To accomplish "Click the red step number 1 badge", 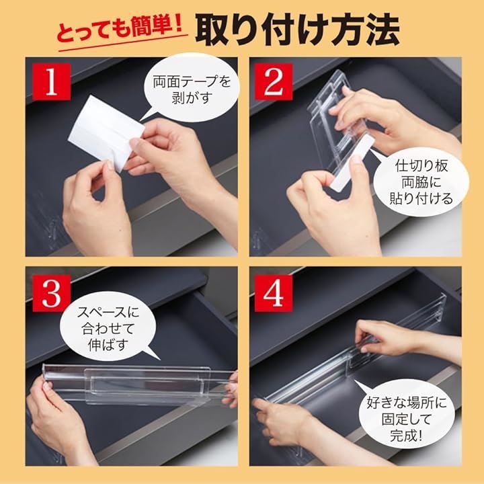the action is pyautogui.click(x=51, y=81).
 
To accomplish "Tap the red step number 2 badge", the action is pyautogui.click(x=274, y=81).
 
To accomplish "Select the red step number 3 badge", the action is pyautogui.click(x=51, y=293).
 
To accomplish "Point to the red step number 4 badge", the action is pyautogui.click(x=274, y=293).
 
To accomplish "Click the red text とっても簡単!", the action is pyautogui.click(x=121, y=30).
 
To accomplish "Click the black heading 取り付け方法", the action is pyautogui.click(x=297, y=30).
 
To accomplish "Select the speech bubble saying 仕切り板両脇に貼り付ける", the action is pyautogui.click(x=420, y=182).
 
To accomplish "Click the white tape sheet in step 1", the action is pyautogui.click(x=106, y=133).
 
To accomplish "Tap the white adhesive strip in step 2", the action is pyautogui.click(x=352, y=161).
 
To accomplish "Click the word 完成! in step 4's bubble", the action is pyautogui.click(x=405, y=436).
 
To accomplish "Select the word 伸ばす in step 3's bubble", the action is pyautogui.click(x=108, y=345).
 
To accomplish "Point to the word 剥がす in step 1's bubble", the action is pyautogui.click(x=192, y=98).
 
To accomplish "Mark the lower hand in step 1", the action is pyautogui.click(x=95, y=210).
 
